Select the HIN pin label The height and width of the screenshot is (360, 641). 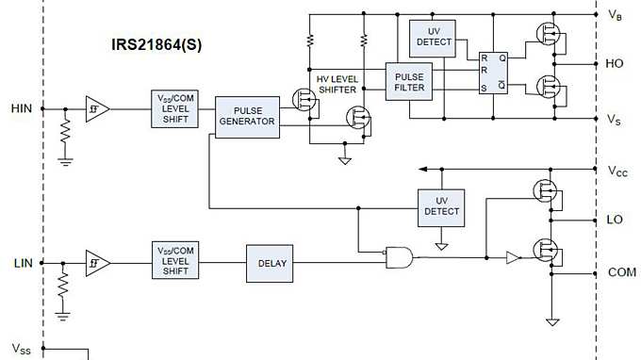click(22, 108)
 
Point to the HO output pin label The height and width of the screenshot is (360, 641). click(615, 64)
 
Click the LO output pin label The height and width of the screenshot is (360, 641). click(615, 219)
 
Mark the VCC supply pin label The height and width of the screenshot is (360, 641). click(616, 172)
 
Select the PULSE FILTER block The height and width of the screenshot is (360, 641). click(410, 81)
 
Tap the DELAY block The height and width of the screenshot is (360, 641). click(272, 263)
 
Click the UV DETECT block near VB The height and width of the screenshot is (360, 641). click(434, 37)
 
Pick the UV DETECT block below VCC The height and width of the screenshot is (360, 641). click(441, 206)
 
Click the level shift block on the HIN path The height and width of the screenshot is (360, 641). click(175, 108)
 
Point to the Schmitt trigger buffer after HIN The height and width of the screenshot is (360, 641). click(96, 108)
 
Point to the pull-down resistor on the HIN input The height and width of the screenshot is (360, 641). click(65, 132)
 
